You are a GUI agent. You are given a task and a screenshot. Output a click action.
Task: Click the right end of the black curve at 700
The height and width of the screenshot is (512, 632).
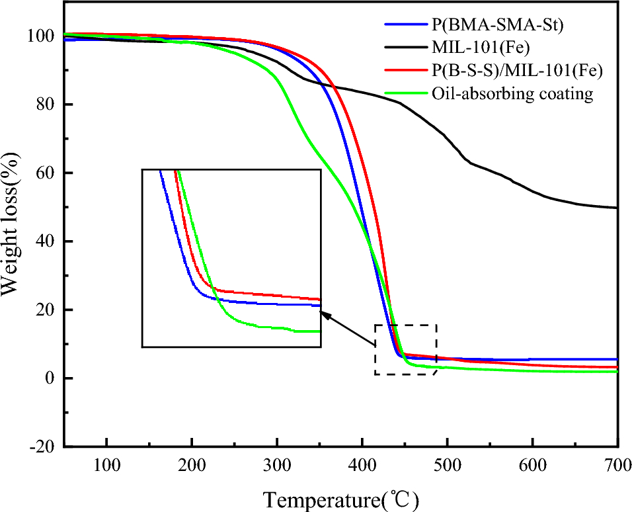[616, 208]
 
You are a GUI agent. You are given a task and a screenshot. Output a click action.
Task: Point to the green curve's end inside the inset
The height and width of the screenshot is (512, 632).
[319, 331]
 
